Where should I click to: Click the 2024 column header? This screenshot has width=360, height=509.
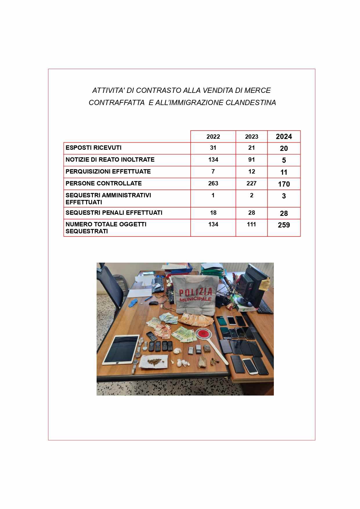(284, 137)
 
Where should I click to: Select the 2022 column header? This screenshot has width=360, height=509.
(213, 137)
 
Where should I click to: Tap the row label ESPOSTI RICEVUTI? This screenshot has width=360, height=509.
(93, 148)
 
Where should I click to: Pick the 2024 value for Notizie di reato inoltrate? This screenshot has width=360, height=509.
(284, 160)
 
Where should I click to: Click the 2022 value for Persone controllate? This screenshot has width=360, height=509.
(213, 183)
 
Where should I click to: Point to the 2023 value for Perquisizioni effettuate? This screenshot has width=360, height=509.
(252, 172)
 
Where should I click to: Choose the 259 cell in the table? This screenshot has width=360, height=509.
(284, 225)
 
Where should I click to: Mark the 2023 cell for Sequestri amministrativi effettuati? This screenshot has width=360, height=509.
(252, 196)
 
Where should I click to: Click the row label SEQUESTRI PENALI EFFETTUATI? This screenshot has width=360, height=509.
(114, 213)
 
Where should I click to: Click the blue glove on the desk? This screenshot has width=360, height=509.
(134, 302)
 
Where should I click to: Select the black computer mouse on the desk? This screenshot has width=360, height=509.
(154, 303)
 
